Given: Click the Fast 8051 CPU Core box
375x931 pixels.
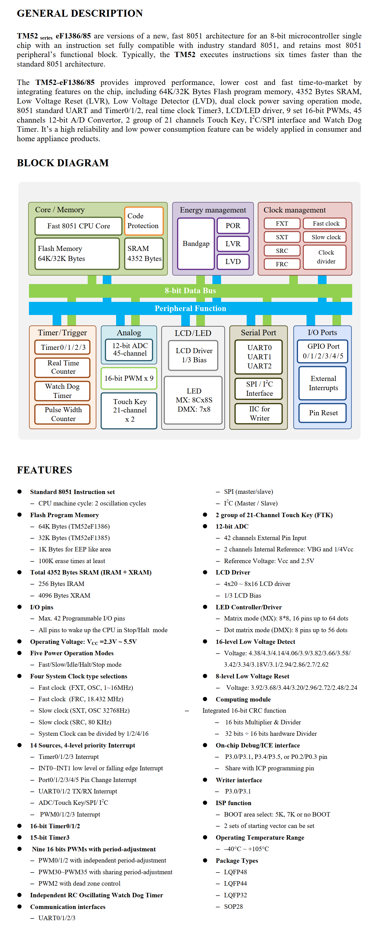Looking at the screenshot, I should tap(79, 226).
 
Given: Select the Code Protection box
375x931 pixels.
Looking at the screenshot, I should tap(143, 221).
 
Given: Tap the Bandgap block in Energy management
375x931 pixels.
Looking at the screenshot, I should tap(196, 244).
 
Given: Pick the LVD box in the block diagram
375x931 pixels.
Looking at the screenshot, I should tap(233, 261).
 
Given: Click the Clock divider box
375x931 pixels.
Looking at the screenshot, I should tap(326, 256).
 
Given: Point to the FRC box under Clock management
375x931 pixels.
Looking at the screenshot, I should tap(282, 264).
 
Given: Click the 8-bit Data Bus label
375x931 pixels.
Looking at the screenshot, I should tap(190, 290).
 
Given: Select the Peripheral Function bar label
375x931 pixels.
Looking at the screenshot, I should tap(190, 308).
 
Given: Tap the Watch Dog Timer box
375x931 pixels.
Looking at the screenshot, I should tap(62, 391).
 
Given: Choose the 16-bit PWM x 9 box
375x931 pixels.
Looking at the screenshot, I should tap(129, 378).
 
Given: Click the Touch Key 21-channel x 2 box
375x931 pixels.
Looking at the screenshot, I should tap(129, 410).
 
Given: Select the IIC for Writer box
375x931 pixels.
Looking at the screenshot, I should tap(259, 413).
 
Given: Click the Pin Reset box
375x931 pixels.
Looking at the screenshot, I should tap(323, 412).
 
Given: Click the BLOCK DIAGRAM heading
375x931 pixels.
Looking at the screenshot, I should tap(62, 163).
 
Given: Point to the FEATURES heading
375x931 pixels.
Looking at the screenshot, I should tap(45, 470).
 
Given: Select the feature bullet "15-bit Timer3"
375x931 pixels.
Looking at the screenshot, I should tap(50, 837).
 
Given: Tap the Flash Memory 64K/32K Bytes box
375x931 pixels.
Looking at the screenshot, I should tap(77, 253).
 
